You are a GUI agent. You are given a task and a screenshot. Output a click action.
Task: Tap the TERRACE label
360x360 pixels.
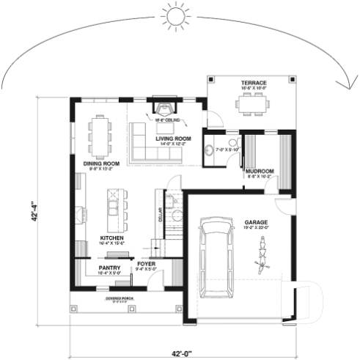tap(253, 83)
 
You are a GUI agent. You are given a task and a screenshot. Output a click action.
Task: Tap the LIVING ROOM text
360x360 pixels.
tap(173, 138)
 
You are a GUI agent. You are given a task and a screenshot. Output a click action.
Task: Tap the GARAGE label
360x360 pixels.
tap(257, 221)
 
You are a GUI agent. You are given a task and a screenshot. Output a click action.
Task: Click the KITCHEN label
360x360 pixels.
tap(111, 238)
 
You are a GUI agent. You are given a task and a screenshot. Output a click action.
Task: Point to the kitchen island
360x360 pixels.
tap(114, 208)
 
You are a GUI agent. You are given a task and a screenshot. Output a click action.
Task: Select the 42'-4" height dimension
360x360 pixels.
tap(34, 213)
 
